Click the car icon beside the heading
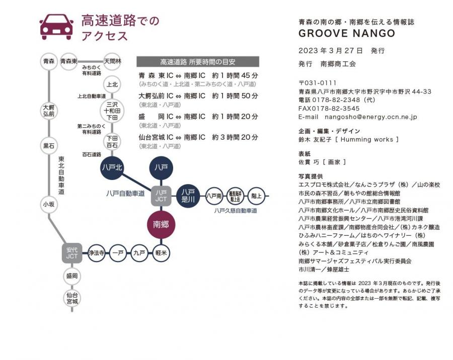coord(56,27)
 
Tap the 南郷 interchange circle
coord(161,224)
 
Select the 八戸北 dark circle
coord(112,167)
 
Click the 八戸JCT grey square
coord(161,196)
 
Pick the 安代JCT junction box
coord(72,253)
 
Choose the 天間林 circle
coord(112,61)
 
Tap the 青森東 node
coord(68,61)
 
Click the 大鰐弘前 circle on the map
coord(49,111)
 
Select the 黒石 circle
coord(49,146)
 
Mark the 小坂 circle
coord(49,204)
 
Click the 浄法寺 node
coord(96,253)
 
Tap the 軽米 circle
coord(161,253)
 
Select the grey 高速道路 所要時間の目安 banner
coord(198,62)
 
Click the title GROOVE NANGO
coord(347,34)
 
